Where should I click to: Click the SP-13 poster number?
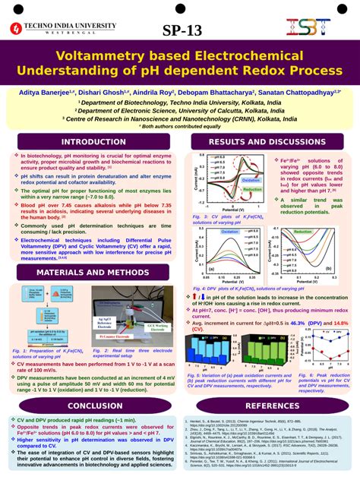182,31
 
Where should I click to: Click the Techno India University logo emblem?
16,29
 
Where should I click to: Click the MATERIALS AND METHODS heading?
94,251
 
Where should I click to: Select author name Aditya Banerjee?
46,91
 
